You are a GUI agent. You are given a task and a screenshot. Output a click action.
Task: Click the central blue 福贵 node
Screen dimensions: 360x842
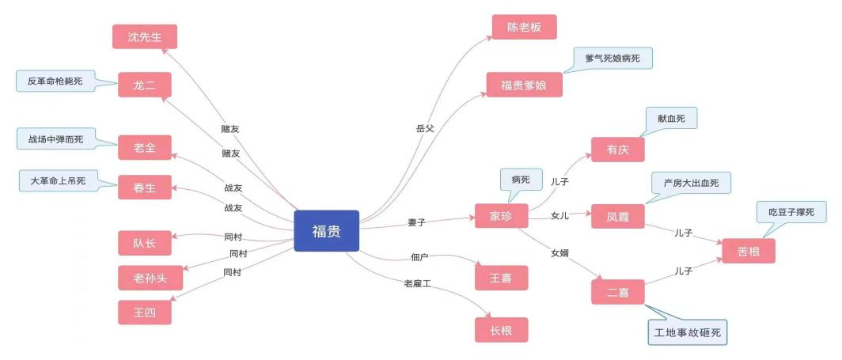326,231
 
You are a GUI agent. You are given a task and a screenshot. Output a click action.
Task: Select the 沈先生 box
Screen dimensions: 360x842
144,36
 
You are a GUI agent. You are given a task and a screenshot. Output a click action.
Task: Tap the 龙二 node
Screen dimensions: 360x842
144,85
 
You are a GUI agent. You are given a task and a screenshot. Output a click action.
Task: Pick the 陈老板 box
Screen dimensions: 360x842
524,27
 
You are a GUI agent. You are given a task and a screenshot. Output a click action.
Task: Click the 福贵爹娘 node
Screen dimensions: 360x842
524,85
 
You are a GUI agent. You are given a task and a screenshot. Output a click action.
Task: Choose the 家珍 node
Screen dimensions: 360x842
501,216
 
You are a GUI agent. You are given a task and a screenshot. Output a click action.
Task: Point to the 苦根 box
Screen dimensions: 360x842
748,250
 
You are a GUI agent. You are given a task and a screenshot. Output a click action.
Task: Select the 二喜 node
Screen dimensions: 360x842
618,291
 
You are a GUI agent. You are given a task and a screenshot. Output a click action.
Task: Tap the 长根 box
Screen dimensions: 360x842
501,329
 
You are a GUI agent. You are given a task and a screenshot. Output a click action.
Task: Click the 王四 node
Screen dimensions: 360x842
144,312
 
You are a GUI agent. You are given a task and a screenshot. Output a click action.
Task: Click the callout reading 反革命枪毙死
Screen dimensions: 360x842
55,81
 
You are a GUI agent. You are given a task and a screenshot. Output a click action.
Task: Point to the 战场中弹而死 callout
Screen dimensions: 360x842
55,138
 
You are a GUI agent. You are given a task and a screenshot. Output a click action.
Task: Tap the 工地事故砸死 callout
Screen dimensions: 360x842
686,332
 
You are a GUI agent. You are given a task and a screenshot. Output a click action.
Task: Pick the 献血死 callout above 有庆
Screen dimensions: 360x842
671,119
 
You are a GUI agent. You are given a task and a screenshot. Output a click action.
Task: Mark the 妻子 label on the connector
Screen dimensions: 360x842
416,222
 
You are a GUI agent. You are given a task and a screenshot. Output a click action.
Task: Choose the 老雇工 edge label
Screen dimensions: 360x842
417,282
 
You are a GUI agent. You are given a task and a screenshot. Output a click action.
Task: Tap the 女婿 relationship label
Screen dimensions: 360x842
560,253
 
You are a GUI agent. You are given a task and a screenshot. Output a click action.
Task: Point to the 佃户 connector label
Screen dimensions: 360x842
419,257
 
